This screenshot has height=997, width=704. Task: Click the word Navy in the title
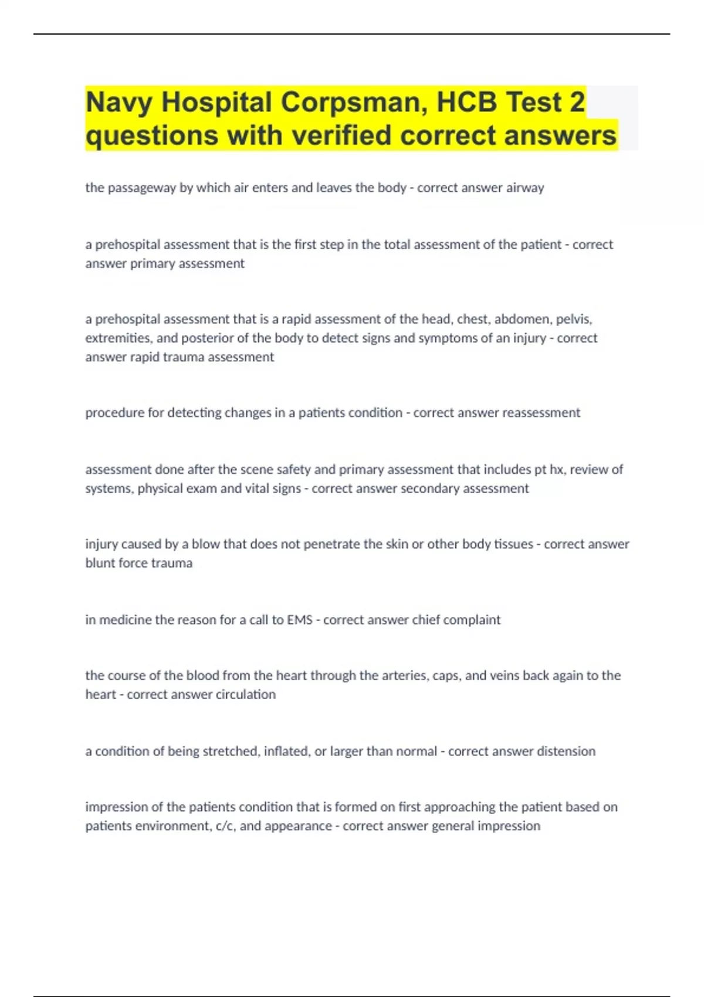coord(119,103)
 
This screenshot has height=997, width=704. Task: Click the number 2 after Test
coord(577,102)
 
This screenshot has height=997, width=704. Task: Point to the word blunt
coord(100,563)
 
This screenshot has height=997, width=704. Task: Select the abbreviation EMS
coord(299,619)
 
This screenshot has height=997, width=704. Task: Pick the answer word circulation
coord(245,694)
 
